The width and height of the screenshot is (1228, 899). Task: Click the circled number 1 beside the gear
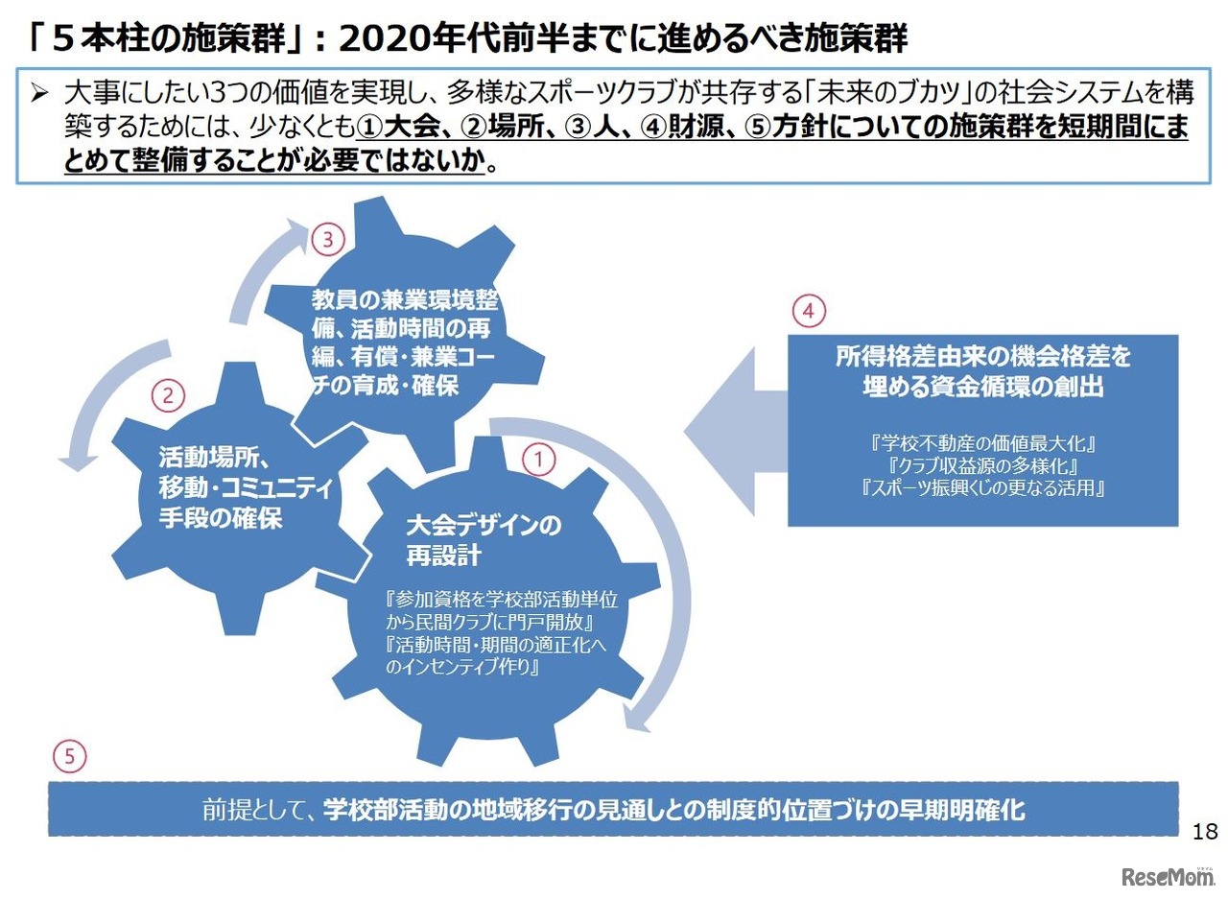pyautogui.click(x=538, y=460)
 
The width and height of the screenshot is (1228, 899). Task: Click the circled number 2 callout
pyautogui.click(x=168, y=394)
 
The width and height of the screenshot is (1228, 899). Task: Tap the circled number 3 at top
pyautogui.click(x=327, y=240)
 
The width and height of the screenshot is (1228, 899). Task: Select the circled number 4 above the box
pyautogui.click(x=809, y=311)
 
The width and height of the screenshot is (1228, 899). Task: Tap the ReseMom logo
pyautogui.click(x=1166, y=876)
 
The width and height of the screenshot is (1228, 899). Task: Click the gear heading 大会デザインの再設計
pyautogui.click(x=483, y=540)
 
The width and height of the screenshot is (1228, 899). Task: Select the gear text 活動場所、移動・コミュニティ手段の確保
pyautogui.click(x=245, y=488)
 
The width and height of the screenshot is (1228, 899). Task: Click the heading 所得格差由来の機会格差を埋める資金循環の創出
pyautogui.click(x=982, y=371)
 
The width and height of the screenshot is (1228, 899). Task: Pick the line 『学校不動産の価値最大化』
pyautogui.click(x=983, y=444)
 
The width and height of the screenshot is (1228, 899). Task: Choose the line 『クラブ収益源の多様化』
pyautogui.click(x=983, y=466)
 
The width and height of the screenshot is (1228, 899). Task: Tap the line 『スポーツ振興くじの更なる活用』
pyautogui.click(x=983, y=488)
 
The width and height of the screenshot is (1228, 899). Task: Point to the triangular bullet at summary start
pyautogui.click(x=39, y=94)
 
